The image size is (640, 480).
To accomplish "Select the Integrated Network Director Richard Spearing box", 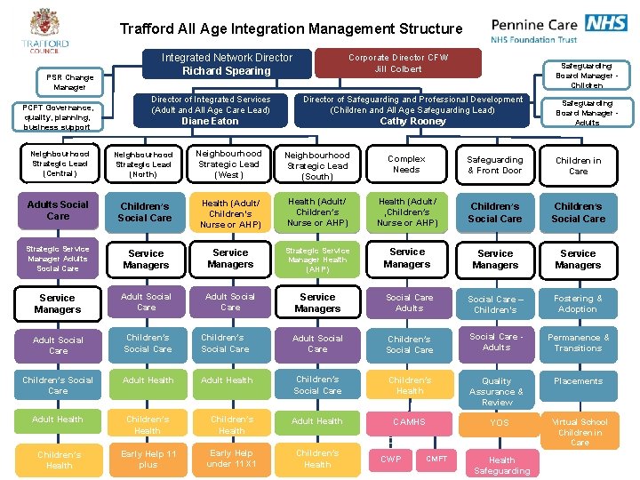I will (227, 64).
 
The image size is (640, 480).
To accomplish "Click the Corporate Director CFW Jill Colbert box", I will (398, 63).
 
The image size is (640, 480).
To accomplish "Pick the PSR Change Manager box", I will (69, 83).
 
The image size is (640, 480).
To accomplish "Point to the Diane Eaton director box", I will (211, 110).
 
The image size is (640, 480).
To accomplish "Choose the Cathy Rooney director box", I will (413, 110).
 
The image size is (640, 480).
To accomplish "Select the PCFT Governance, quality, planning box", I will (59, 116).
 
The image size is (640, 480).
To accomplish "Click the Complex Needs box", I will (406, 164).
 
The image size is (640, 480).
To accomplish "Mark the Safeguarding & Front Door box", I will (495, 164).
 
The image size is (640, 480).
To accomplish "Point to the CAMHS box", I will (410, 421).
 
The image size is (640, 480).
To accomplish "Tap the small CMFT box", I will (436, 459).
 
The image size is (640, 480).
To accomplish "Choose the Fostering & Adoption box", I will (578, 304).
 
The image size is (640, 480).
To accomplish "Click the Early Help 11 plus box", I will (148, 459).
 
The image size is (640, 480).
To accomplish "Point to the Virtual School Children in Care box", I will (580, 432).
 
